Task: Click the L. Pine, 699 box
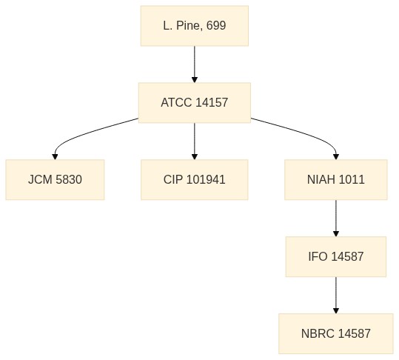point(195,26)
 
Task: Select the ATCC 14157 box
point(195,103)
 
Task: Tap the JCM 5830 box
point(55,179)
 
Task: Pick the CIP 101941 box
point(195,179)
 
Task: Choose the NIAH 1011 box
point(336,179)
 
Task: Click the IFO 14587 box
point(336,256)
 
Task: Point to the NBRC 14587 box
point(336,333)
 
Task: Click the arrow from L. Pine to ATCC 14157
point(195,64)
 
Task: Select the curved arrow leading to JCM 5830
point(84,134)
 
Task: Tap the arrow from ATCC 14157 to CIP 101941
point(195,141)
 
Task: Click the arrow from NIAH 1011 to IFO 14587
point(336,219)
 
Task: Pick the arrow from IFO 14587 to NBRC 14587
point(336,295)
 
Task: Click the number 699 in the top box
point(216,26)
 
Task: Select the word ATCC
point(176,103)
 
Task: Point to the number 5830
point(69,179)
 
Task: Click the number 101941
point(206,179)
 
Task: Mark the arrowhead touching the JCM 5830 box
point(55,157)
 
